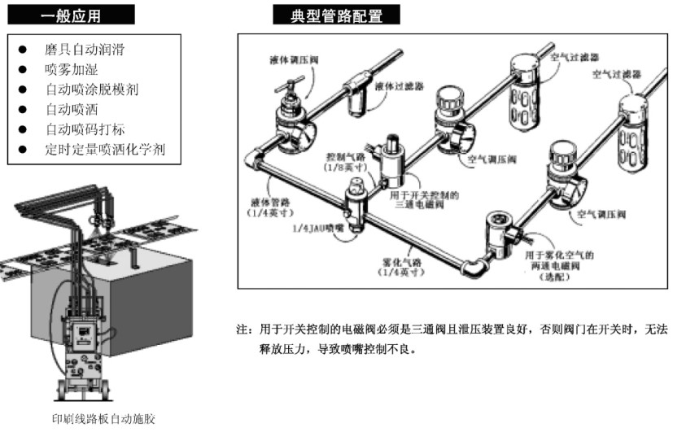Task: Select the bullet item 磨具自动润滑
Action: pos(85,50)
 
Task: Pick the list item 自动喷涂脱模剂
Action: pos(91,89)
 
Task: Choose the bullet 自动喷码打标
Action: pos(85,129)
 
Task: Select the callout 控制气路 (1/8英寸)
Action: pos(347,161)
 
